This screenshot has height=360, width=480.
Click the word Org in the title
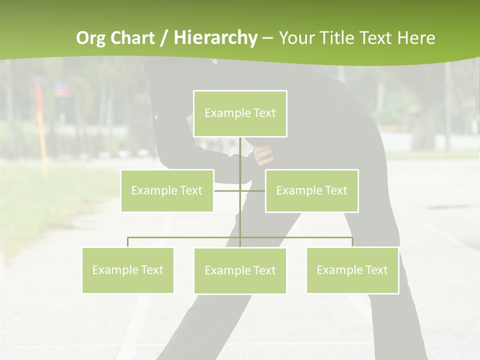click(90, 38)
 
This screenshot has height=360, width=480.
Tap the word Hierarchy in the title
click(215, 38)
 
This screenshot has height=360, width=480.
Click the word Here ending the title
click(416, 38)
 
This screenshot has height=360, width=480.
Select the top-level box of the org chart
click(240, 113)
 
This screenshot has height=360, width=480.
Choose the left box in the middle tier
click(167, 190)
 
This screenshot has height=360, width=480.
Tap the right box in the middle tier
click(311, 190)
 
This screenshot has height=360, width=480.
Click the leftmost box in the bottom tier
click(127, 270)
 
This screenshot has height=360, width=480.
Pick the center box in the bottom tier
click(240, 270)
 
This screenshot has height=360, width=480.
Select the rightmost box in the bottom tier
click(352, 270)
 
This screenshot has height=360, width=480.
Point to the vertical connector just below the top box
click(240, 152)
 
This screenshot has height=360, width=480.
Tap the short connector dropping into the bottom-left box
click(127, 242)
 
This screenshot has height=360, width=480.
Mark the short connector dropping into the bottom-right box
click(352, 242)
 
